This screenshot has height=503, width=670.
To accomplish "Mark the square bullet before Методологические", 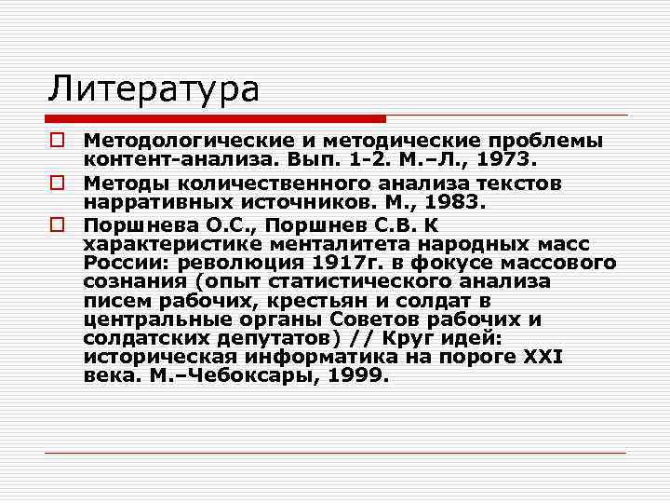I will [57, 141].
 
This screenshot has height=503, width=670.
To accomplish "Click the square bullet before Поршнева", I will [57, 226].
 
